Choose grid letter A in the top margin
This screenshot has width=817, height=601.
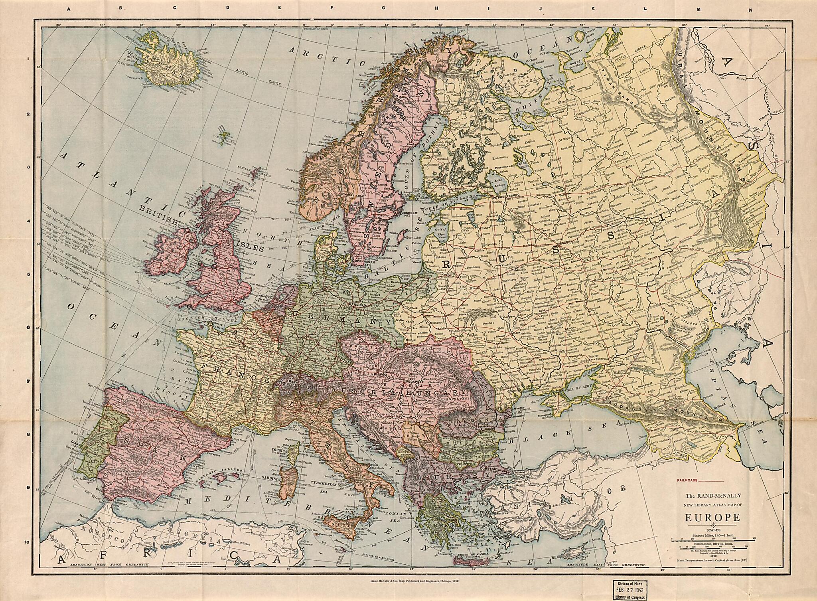click(69, 10)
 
